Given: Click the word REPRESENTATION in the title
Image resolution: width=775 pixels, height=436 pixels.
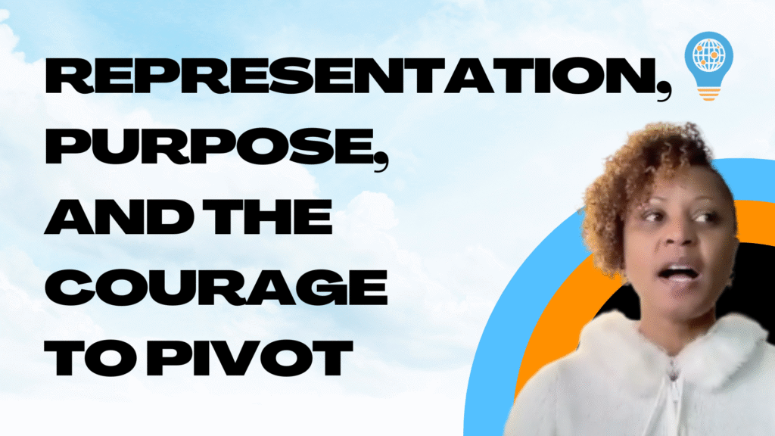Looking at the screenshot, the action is click(351, 76).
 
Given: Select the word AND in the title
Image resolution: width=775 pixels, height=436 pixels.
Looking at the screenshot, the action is click(119, 216).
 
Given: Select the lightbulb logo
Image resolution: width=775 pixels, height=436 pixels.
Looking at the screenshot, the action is click(708, 66).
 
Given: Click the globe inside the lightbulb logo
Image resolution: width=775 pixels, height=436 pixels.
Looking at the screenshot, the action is click(708, 54).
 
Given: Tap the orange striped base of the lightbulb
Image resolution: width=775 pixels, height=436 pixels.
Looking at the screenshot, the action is click(708, 93).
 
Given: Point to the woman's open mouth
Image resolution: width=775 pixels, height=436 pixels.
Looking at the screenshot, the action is click(678, 273).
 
